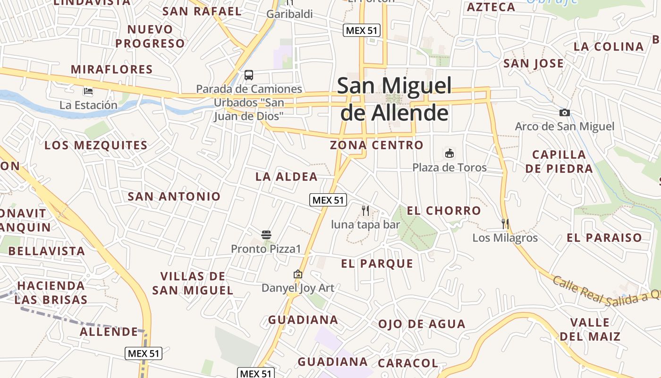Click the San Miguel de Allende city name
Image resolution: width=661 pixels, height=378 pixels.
coord(394,100)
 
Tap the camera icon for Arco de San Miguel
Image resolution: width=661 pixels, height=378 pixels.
coord(564,112)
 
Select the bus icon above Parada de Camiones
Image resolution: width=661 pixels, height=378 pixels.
coord(249,75)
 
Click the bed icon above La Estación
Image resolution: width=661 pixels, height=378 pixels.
coord(88,91)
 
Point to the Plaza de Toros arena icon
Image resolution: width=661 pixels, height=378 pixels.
coord(449,153)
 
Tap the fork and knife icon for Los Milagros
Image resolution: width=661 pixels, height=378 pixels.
coord(505,223)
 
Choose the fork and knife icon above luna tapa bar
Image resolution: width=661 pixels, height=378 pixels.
coord(365,210)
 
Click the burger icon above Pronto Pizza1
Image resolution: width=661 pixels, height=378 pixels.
coord(266,234)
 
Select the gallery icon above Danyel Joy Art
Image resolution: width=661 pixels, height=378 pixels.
coord(298,274)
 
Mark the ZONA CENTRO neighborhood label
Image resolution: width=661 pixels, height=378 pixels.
coord(377,145)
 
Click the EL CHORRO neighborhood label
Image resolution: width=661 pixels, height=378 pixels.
coord(444,211)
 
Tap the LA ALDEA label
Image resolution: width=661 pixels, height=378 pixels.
coord(287,177)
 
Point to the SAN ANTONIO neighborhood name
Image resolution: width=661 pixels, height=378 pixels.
coord(174,196)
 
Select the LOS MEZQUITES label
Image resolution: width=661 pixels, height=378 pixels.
coord(96,145)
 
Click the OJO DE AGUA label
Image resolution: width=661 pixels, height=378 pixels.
coord(422,324)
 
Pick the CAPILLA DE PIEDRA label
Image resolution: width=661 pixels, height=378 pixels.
coord(559,162)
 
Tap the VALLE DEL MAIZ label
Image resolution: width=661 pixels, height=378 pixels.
coord(590,329)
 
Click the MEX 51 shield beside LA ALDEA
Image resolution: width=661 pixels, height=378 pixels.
coord(328,200)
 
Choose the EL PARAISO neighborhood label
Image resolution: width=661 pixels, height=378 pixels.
coord(604,238)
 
